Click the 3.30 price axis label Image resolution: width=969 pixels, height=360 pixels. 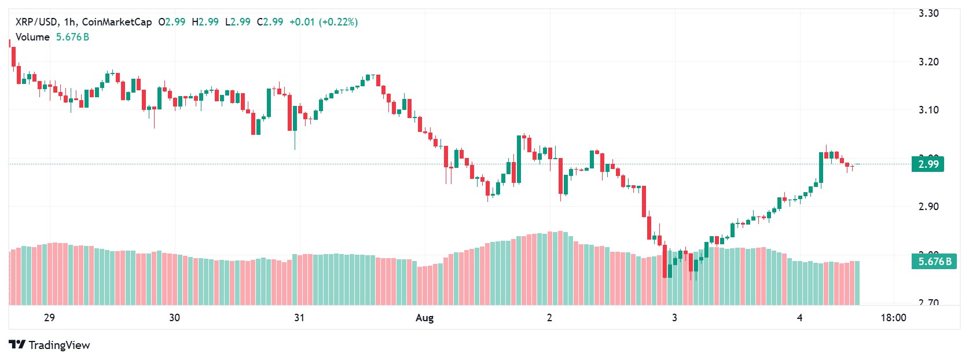point(928,13)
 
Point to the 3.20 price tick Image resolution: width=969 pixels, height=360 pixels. point(928,62)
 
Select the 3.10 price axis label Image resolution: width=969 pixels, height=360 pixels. point(928,110)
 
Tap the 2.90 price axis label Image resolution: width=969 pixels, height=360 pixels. point(928,207)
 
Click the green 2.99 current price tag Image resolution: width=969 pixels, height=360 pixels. point(928,164)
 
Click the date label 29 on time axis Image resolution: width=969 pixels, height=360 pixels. point(49,318)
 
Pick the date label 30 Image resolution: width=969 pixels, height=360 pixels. point(174,318)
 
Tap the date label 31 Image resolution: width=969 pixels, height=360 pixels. point(299,318)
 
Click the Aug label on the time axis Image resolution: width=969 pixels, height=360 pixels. point(424,318)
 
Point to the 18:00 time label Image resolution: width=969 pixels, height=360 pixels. point(893,318)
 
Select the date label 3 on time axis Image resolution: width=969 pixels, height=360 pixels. point(674,318)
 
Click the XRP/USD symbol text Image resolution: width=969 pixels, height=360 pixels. point(36,22)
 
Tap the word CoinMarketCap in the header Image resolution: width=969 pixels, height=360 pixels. point(117,22)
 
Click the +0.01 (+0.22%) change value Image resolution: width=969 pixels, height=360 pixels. point(323,22)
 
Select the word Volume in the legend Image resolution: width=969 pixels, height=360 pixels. point(32,37)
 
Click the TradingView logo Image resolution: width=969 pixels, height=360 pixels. point(50,345)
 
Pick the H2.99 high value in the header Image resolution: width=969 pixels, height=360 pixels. point(205,22)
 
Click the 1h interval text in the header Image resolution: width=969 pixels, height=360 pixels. point(69,22)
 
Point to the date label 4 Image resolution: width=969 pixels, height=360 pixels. point(799,318)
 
